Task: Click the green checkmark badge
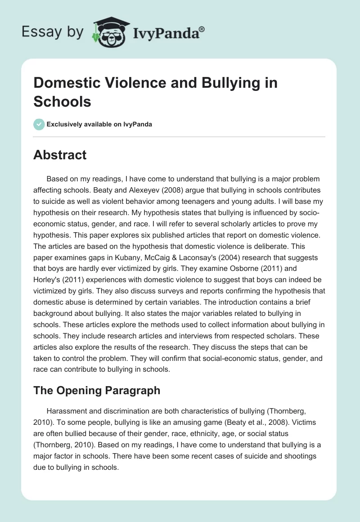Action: [x=39, y=124]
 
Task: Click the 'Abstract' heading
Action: [x=60, y=155]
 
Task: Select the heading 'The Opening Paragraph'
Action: [x=97, y=390]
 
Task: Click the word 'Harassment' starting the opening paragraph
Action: [x=67, y=412]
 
